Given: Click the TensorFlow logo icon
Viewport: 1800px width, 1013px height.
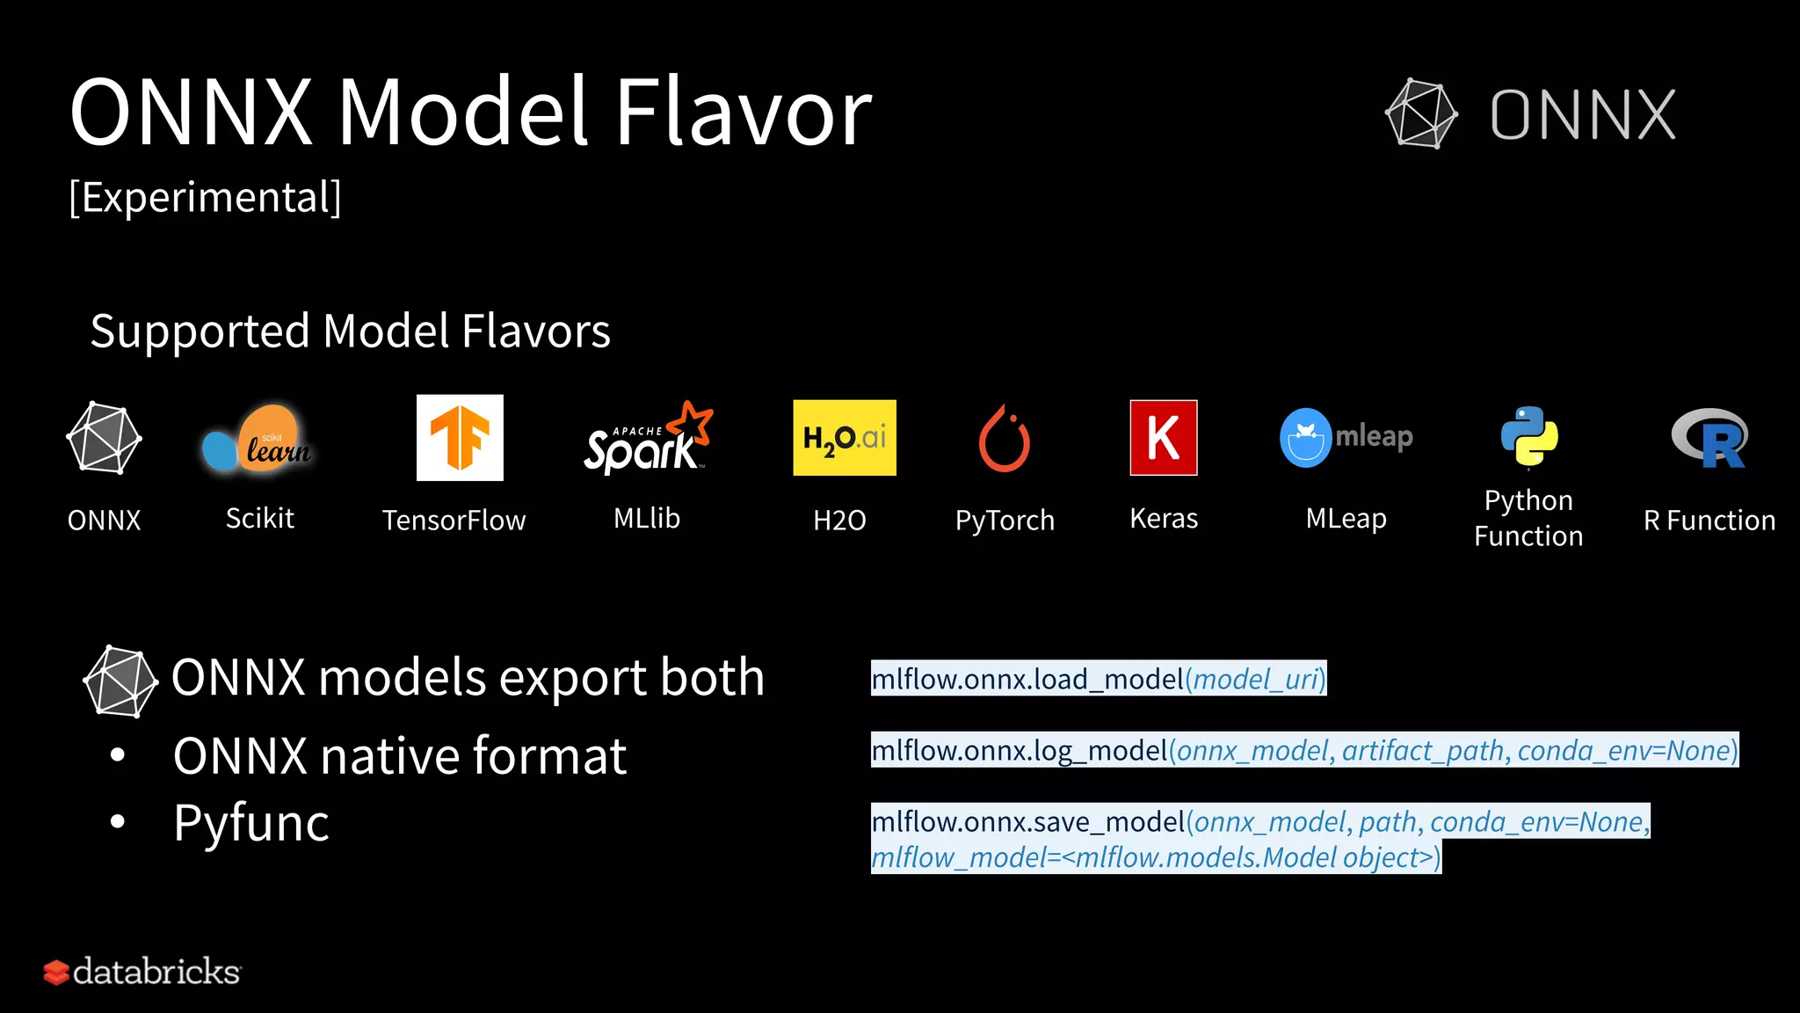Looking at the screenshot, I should click(460, 438).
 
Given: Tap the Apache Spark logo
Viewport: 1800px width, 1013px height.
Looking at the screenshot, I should click(648, 439).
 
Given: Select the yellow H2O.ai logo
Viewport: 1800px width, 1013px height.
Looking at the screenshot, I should click(845, 438).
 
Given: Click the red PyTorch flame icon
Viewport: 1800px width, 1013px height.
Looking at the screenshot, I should click(1005, 439).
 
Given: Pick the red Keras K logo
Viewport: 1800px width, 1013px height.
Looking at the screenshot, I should click(1164, 438).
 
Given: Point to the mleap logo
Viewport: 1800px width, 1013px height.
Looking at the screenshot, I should click(1346, 437).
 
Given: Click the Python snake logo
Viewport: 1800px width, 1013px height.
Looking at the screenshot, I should click(1529, 436).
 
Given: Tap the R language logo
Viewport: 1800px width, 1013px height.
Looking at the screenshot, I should click(1709, 438).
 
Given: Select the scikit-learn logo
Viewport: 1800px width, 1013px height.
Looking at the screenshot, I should click(258, 440).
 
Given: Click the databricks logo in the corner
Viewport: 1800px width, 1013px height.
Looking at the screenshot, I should click(142, 972).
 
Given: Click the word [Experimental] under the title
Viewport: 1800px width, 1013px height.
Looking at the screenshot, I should click(205, 197).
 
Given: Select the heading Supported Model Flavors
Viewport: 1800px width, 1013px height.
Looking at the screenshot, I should click(350, 332).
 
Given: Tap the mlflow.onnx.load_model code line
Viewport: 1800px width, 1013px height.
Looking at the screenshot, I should click(1099, 679).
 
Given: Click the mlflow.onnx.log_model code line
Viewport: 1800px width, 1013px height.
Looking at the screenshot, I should click(1304, 750).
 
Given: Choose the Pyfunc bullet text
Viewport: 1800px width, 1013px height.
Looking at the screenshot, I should click(251, 823).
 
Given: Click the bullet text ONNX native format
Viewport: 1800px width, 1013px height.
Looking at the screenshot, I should click(400, 756).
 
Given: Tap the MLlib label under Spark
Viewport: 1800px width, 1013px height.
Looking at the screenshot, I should click(647, 519).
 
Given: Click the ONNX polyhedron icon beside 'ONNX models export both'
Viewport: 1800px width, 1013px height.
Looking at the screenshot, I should click(120, 681).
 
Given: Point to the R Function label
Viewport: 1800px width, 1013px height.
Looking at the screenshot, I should click(1709, 521).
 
